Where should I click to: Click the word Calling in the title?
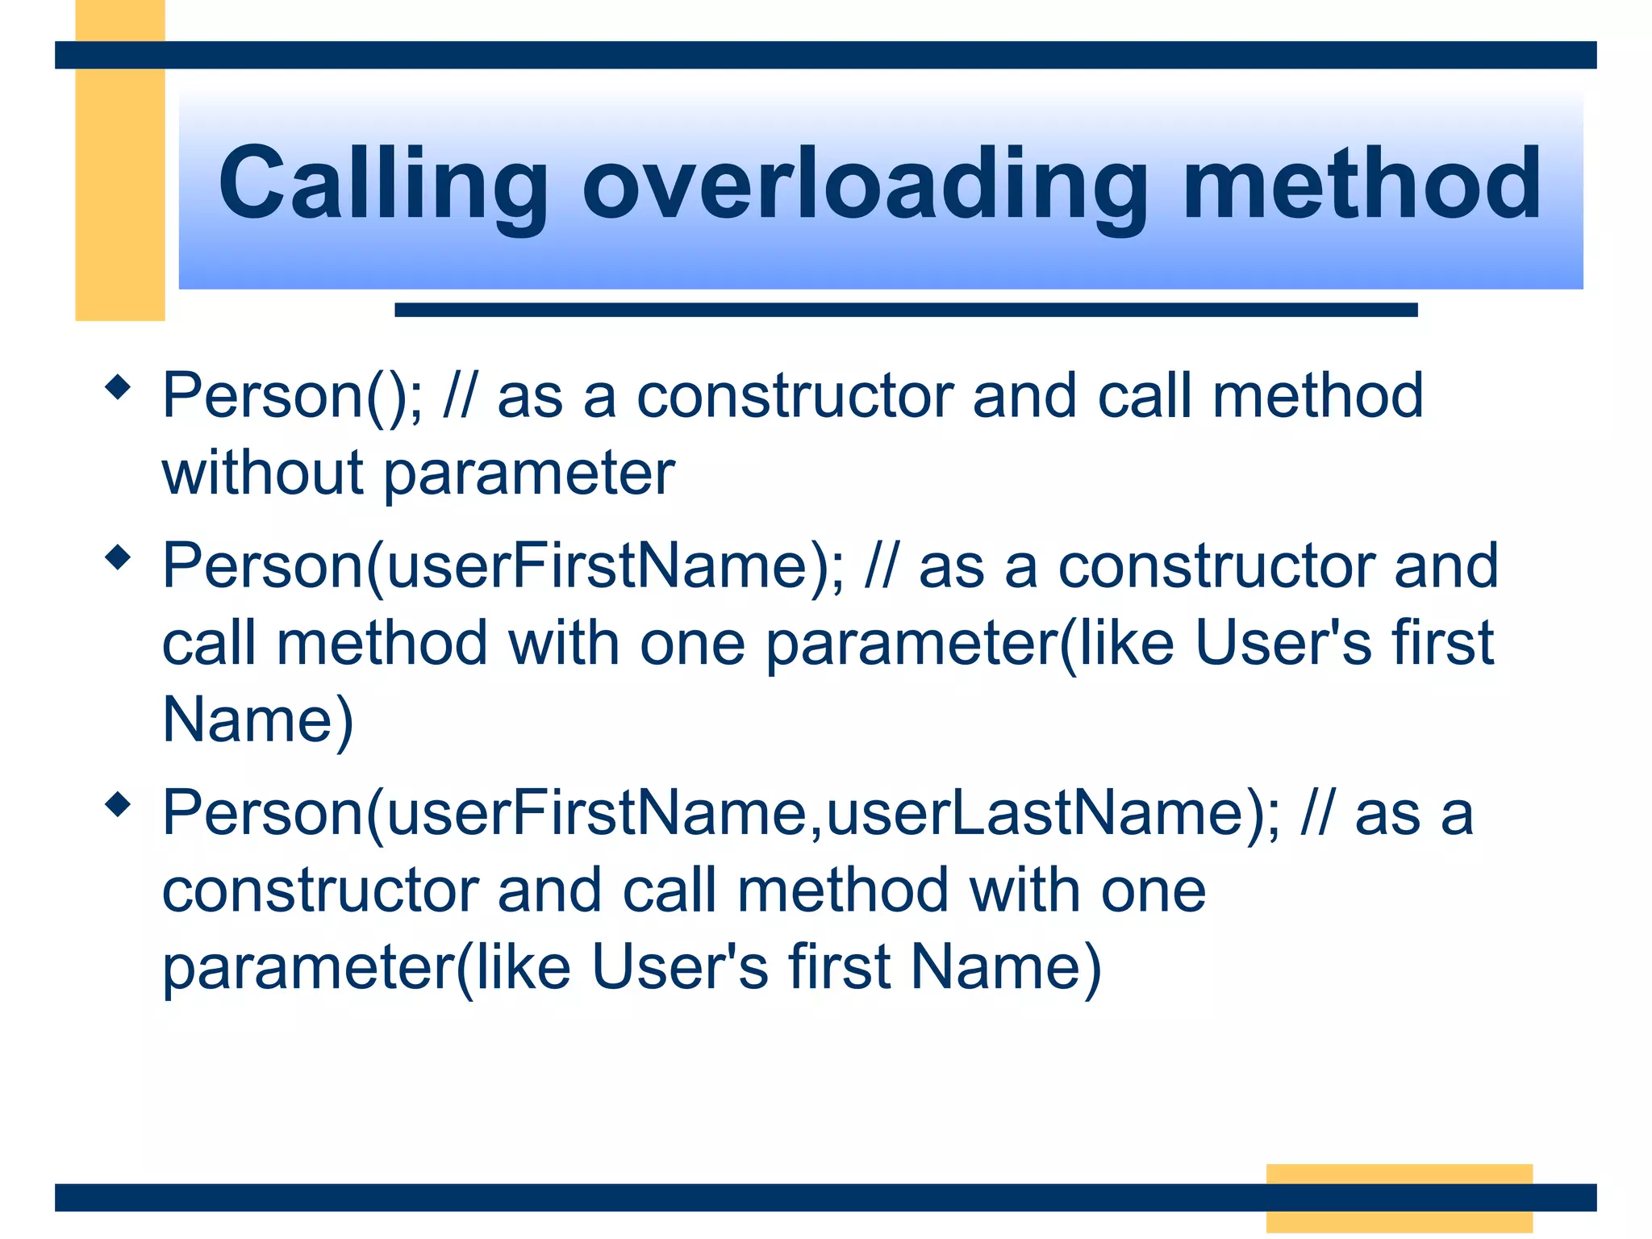click(x=383, y=184)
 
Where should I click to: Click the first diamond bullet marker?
click(x=119, y=387)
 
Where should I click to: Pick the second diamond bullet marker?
click(x=119, y=557)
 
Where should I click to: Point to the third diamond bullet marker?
click(x=119, y=804)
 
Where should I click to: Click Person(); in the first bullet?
click(x=292, y=397)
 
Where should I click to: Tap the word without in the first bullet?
click(x=262, y=473)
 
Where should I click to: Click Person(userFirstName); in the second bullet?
click(x=503, y=567)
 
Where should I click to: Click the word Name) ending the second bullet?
click(x=257, y=720)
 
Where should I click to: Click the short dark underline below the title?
click(x=905, y=310)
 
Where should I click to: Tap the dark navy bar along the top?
click(x=825, y=55)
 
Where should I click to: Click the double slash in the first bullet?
click(x=459, y=397)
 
